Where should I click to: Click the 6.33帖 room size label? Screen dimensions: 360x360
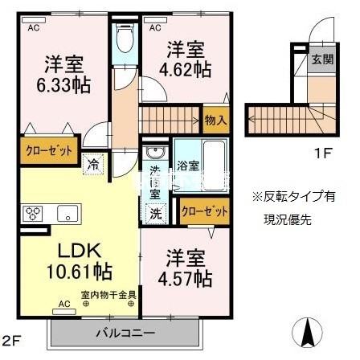pos(61,84)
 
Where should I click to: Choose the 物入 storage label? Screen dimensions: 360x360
pos(216,119)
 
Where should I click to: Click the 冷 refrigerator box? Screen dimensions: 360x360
pos(93,162)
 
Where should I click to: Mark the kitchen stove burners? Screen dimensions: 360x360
pos(35,214)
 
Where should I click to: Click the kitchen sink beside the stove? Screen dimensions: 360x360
pos(66,214)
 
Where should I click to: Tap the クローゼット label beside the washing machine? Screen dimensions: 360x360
pos(204,211)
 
